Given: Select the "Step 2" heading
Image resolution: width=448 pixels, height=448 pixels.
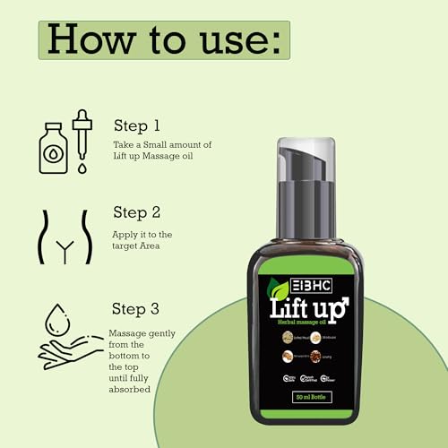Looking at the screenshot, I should [136, 212].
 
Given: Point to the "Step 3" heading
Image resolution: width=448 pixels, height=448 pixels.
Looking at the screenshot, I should [136, 309].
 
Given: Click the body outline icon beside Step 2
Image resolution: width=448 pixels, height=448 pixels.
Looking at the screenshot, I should [63, 237].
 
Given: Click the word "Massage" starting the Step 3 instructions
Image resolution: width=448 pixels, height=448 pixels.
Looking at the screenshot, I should [128, 333].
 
